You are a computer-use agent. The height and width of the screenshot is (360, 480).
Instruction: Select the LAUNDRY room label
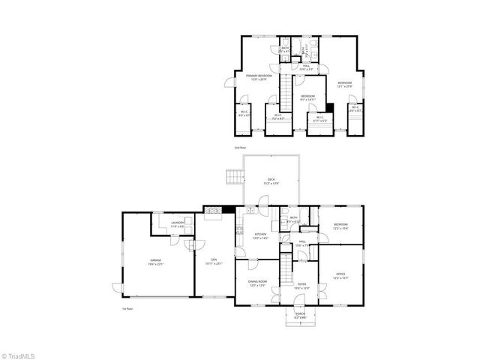pyautogui.click(x=178, y=223)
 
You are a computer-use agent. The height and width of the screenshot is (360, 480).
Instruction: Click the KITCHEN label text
pyautogui.click(x=260, y=235)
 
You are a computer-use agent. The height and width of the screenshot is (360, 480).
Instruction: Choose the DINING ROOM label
pyautogui.click(x=257, y=283)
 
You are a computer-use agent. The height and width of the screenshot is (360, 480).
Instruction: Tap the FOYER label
pyautogui.click(x=301, y=285)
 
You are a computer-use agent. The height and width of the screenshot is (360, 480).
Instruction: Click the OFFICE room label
pyautogui.click(x=340, y=276)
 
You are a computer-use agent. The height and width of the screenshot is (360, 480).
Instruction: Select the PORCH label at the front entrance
pyautogui.click(x=300, y=315)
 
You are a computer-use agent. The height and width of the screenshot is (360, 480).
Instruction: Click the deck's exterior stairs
pyautogui.click(x=234, y=178)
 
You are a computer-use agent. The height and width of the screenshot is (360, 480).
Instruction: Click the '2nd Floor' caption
pyautogui.click(x=240, y=148)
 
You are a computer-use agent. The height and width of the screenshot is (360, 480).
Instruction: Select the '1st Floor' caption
pyautogui.click(x=127, y=308)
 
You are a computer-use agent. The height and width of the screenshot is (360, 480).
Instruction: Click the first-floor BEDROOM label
pyautogui.click(x=340, y=226)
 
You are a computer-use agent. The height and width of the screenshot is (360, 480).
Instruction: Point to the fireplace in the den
pyautogui.click(x=214, y=211)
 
